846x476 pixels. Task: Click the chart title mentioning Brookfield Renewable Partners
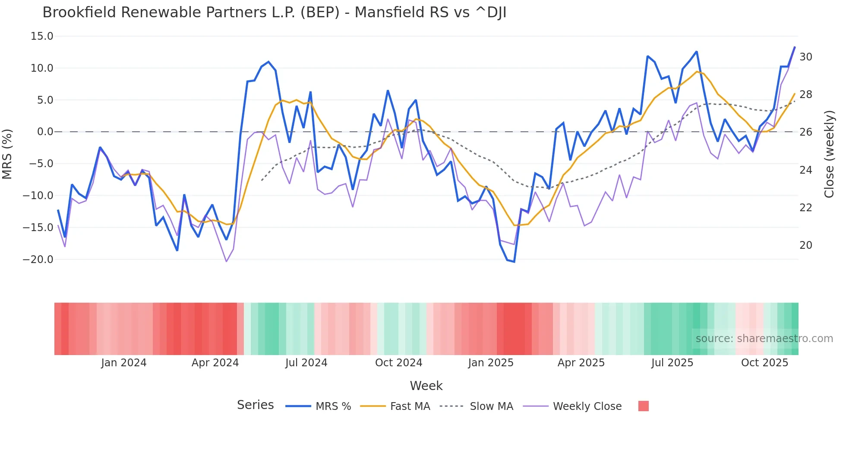tap(274, 13)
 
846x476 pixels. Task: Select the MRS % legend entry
tap(333, 406)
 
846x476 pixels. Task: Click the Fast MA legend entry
tap(410, 406)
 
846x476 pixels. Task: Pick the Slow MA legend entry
tap(491, 406)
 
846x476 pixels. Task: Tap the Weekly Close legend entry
tap(587, 406)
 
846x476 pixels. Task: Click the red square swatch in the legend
tap(643, 406)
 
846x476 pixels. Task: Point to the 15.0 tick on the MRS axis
tap(42, 36)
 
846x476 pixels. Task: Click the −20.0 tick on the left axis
tap(38, 260)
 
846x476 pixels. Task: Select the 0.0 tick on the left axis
tap(45, 132)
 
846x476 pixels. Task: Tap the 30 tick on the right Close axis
tap(805, 57)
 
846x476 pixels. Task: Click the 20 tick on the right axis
tap(805, 245)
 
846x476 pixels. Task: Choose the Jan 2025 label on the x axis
tap(491, 363)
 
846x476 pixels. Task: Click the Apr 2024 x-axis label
tap(215, 363)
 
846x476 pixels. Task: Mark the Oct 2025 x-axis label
tap(764, 363)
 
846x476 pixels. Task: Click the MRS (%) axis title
tap(7, 154)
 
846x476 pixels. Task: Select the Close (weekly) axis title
tap(829, 154)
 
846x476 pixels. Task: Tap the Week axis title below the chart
tap(426, 386)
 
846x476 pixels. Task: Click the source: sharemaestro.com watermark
tap(764, 339)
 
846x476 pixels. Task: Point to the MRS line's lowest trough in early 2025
tap(514, 261)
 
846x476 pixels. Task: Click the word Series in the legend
tap(255, 405)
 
